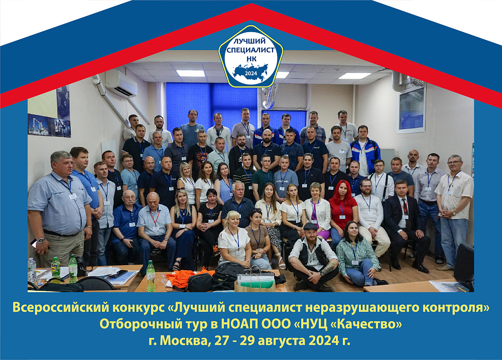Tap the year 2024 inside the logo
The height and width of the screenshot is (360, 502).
coord(251,73)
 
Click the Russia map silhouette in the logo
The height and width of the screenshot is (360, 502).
coord(250,71)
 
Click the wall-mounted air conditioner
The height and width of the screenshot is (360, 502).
coord(121,83)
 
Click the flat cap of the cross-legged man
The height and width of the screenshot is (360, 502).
coord(310,226)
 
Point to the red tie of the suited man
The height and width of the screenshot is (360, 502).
coord(405,206)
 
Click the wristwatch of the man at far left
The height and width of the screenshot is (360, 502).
coord(40,240)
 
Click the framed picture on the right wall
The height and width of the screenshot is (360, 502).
coord(412,109)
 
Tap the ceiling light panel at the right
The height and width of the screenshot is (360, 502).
coord(354,76)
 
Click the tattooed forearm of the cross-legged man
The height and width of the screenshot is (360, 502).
coord(328,269)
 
